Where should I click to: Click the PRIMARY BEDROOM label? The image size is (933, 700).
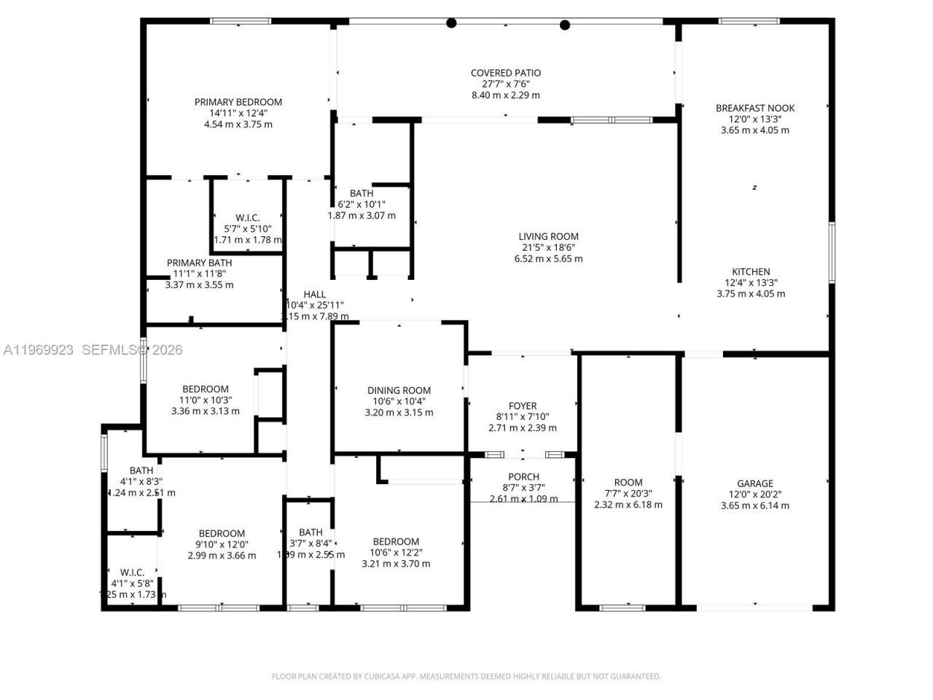click(x=238, y=102)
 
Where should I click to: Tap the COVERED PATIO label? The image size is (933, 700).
click(x=505, y=73)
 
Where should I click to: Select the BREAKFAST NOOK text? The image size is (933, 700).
click(x=754, y=108)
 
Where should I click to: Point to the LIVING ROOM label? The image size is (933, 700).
click(x=548, y=236)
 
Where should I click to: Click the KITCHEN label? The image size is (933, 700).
click(x=751, y=272)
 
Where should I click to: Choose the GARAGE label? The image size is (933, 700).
click(x=754, y=483)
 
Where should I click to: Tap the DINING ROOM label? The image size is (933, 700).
click(x=399, y=390)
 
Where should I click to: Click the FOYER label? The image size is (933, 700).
click(x=522, y=406)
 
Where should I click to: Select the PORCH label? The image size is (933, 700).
click(x=523, y=476)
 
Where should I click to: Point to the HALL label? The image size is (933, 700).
click(x=314, y=295)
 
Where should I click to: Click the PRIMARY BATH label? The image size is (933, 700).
click(x=199, y=263)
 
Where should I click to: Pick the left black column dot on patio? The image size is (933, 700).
click(x=451, y=23)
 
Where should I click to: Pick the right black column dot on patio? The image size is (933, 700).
click(x=564, y=25)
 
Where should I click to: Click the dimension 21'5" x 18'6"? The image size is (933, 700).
click(x=548, y=248)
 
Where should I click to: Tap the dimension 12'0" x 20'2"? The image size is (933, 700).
click(x=754, y=494)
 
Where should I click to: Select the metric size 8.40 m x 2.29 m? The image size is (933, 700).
click(x=505, y=96)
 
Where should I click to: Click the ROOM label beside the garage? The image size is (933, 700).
click(x=628, y=482)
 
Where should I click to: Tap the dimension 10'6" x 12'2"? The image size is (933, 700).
click(x=396, y=553)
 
